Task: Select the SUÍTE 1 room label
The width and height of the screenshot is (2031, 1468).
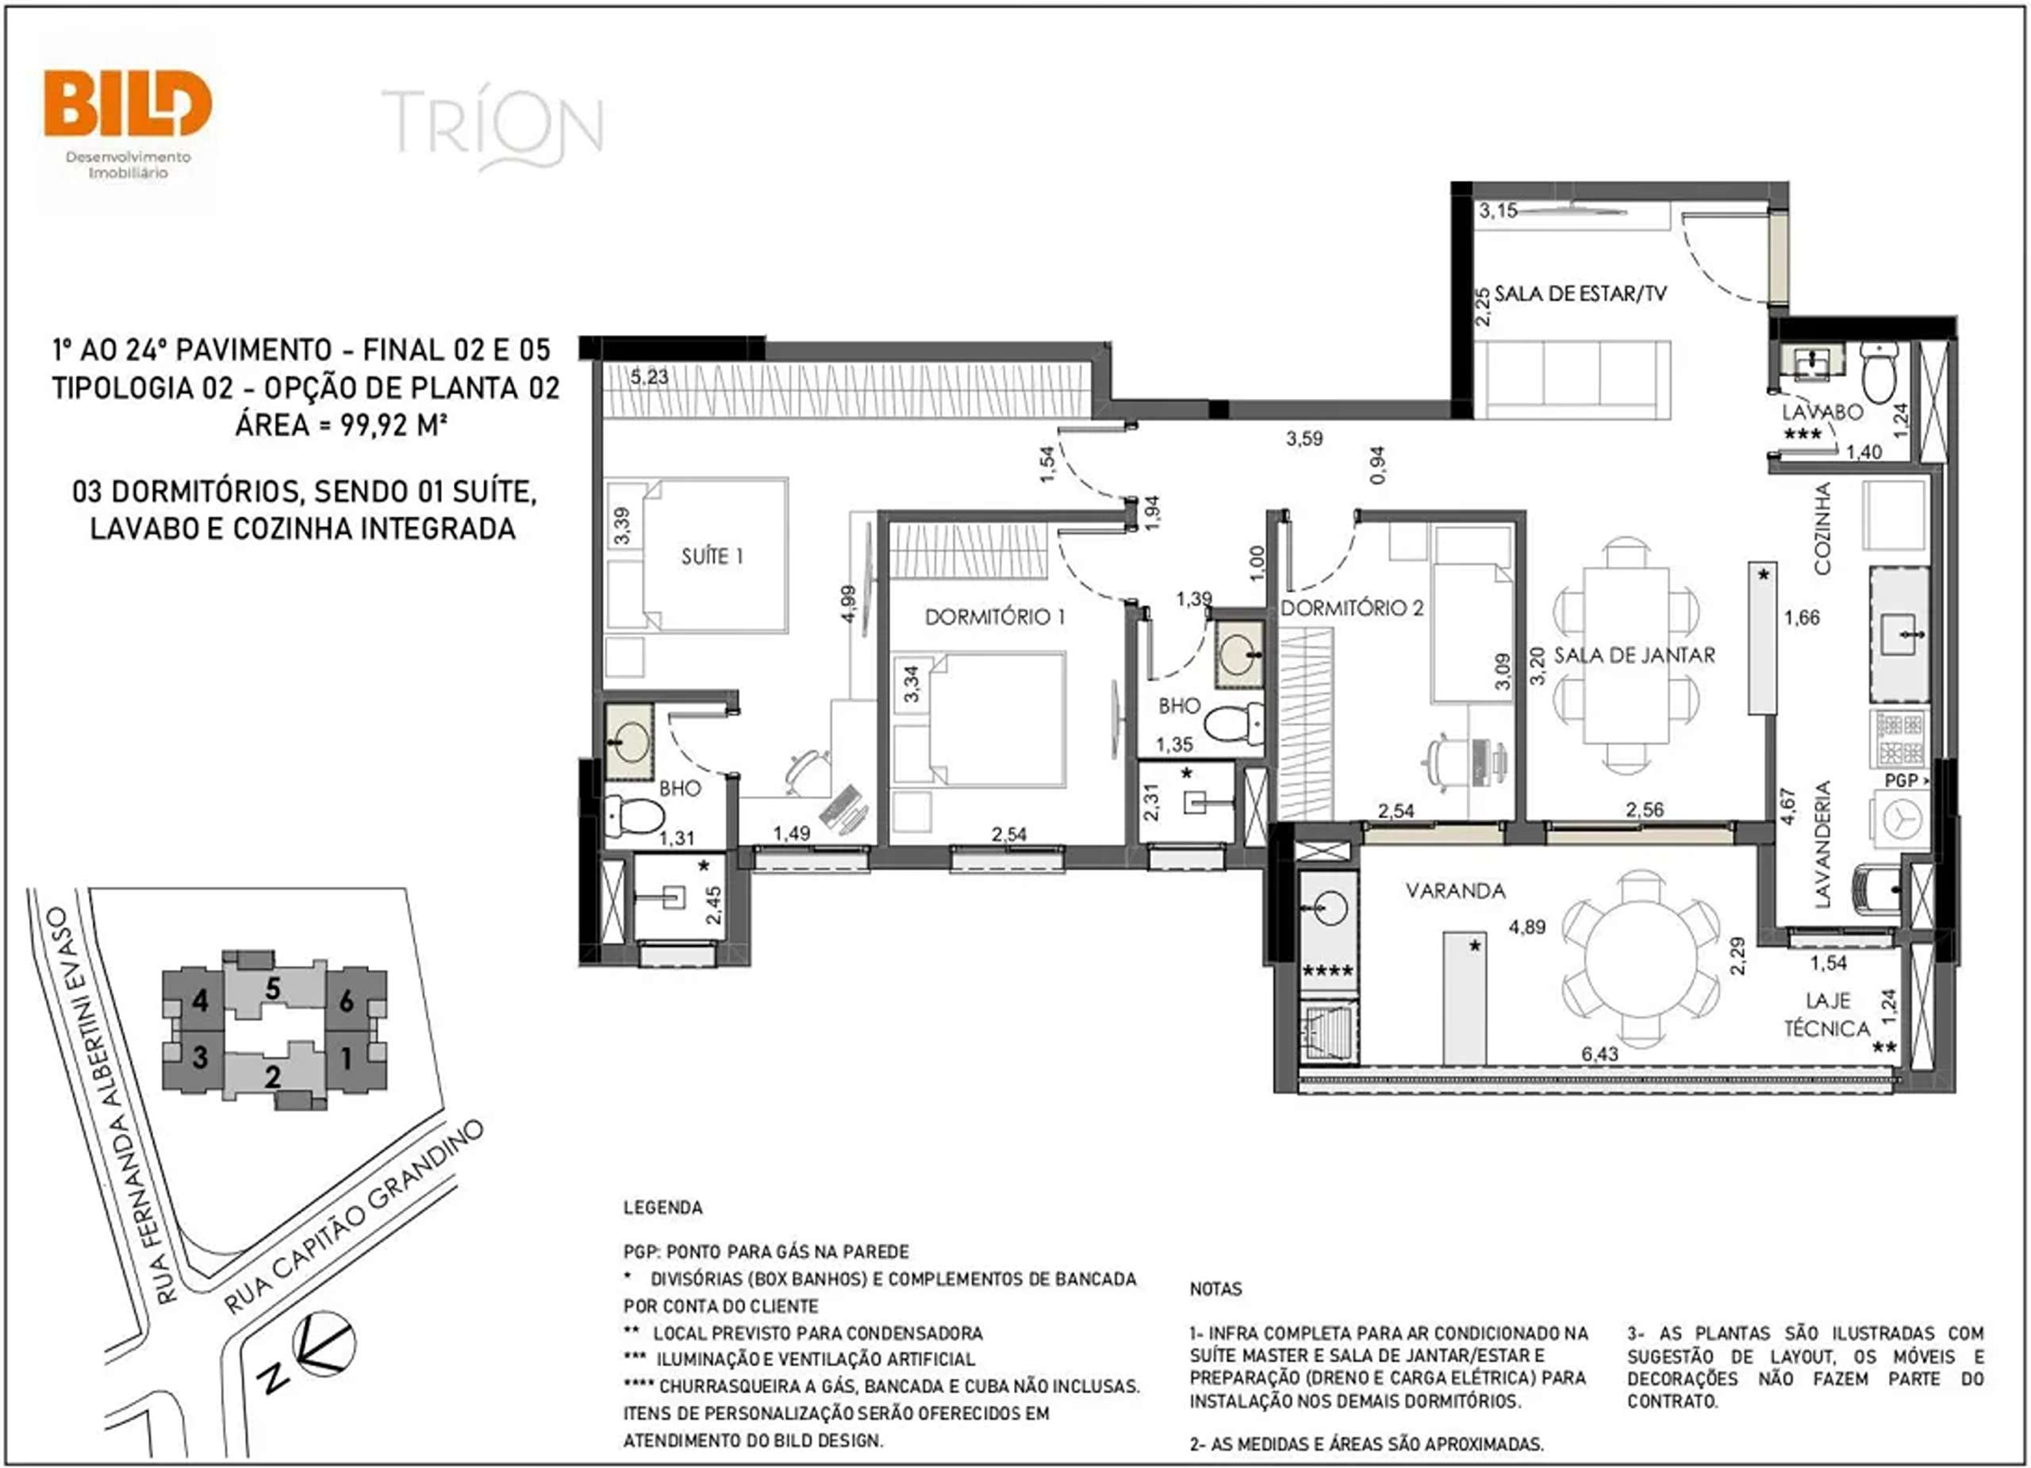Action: pyautogui.click(x=712, y=556)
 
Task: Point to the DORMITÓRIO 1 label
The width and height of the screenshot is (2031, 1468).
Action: pyautogui.click(x=995, y=617)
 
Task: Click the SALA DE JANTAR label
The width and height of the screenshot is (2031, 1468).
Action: pyautogui.click(x=1634, y=655)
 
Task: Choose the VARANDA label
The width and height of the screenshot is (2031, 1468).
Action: pyautogui.click(x=1455, y=890)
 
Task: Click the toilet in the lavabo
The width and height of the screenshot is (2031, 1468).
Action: pyautogui.click(x=1879, y=374)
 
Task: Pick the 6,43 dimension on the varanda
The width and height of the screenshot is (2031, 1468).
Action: pyautogui.click(x=1599, y=1055)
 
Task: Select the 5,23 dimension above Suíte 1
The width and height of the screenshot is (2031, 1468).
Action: pyautogui.click(x=648, y=377)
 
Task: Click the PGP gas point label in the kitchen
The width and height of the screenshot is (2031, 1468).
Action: pyautogui.click(x=1901, y=780)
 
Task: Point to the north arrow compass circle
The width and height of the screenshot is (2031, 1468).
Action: pyautogui.click(x=325, y=1343)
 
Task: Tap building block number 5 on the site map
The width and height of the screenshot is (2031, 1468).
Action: pyautogui.click(x=273, y=989)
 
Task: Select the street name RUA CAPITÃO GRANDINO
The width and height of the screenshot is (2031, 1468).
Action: pyautogui.click(x=354, y=1216)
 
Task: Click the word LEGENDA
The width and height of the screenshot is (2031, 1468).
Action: pyautogui.click(x=662, y=1208)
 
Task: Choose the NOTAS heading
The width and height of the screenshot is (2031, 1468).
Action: pyautogui.click(x=1215, y=1289)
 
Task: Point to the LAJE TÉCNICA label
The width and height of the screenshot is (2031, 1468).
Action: pyautogui.click(x=1827, y=1014)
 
